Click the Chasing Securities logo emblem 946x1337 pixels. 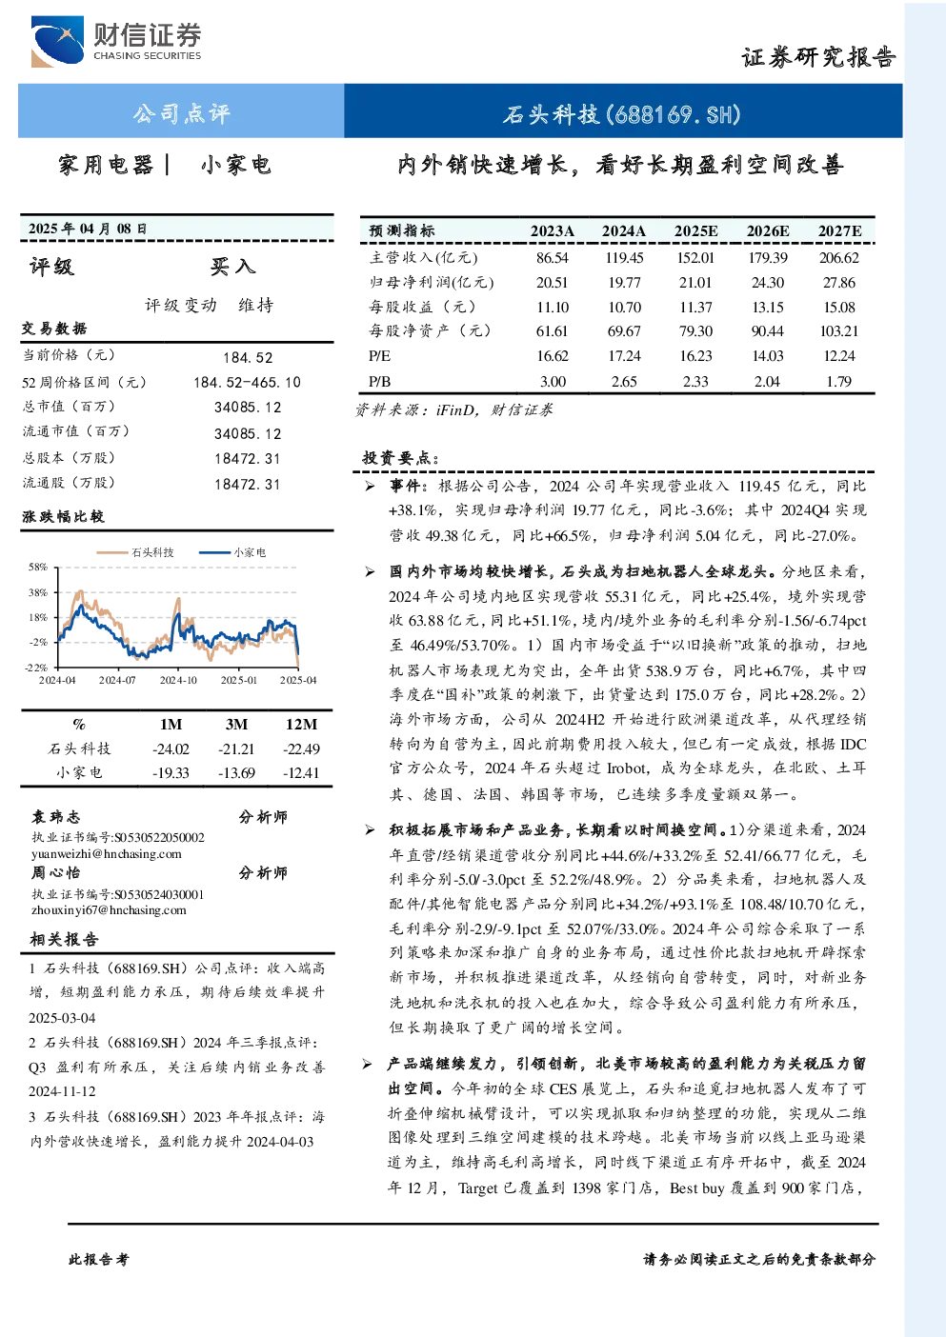pyautogui.click(x=57, y=41)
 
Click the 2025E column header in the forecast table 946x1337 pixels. pyautogui.click(x=695, y=231)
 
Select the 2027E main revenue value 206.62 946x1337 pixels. pyautogui.click(x=839, y=258)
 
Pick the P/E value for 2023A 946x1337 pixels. pyautogui.click(x=553, y=356)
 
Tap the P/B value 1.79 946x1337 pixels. pyautogui.click(x=839, y=382)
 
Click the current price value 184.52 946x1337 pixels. pyautogui.click(x=248, y=358)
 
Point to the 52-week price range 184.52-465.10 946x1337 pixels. pyautogui.click(x=248, y=383)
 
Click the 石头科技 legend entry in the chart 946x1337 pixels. pyautogui.click(x=135, y=552)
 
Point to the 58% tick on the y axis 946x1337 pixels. pyautogui.click(x=37, y=567)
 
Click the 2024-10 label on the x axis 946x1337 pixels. pyautogui.click(x=178, y=681)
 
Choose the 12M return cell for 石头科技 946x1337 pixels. pyautogui.click(x=301, y=749)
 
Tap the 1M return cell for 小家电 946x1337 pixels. pyautogui.click(x=171, y=773)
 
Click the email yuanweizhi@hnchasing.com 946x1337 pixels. pyautogui.click(x=107, y=854)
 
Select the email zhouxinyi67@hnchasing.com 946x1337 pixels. pyautogui.click(x=109, y=910)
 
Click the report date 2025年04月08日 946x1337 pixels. pyautogui.click(x=88, y=229)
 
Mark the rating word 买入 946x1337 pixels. pyautogui.click(x=232, y=267)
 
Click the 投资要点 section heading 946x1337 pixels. pyautogui.click(x=401, y=458)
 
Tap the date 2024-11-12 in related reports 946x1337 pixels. pyautogui.click(x=62, y=1091)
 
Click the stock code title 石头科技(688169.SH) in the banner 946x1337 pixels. pyautogui.click(x=622, y=113)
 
